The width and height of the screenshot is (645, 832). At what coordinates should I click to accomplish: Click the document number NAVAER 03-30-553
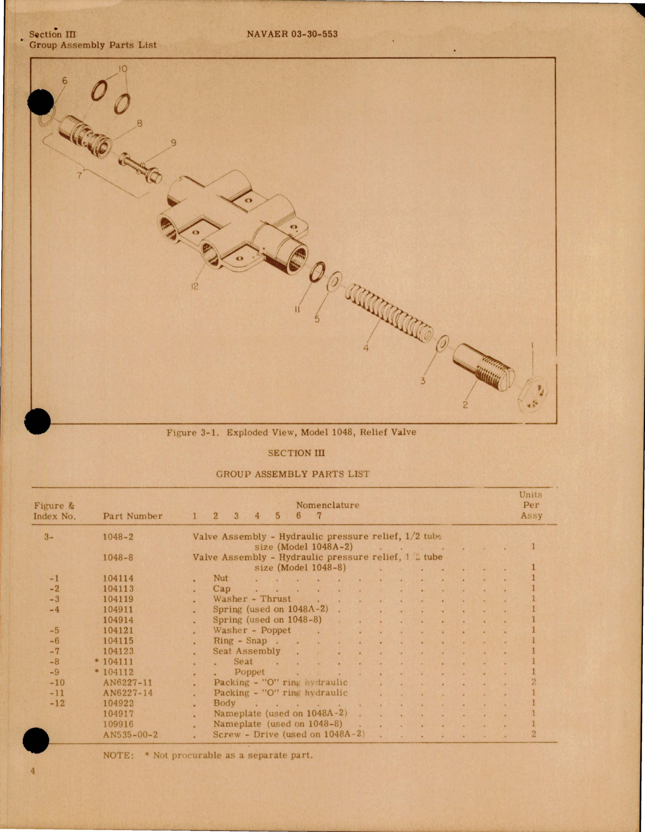coord(292,34)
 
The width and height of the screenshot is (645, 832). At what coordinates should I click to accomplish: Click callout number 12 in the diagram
coord(194,286)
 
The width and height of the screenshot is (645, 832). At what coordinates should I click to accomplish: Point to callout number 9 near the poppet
coord(173,143)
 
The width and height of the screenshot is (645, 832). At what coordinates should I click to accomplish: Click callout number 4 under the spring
coord(366,348)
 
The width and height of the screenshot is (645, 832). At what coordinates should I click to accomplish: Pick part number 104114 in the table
coord(118,578)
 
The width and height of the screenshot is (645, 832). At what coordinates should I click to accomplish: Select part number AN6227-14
coord(128,693)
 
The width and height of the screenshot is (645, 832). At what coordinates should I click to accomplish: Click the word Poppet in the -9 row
coord(249,672)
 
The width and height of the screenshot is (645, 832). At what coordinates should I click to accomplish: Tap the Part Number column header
coord(133,516)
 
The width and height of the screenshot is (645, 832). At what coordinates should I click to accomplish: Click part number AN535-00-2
coord(131,734)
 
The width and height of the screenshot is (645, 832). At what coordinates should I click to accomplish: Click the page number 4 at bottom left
coord(33,771)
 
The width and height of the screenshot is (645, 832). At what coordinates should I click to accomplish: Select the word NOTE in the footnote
coord(118,755)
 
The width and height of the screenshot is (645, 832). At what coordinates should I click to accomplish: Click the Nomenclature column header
coord(328,505)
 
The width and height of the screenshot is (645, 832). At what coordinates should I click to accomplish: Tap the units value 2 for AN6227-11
coord(534,682)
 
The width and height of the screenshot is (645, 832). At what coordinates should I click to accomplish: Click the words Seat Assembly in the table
coord(247,651)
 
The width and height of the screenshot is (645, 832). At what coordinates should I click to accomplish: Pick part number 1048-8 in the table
coord(118,557)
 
